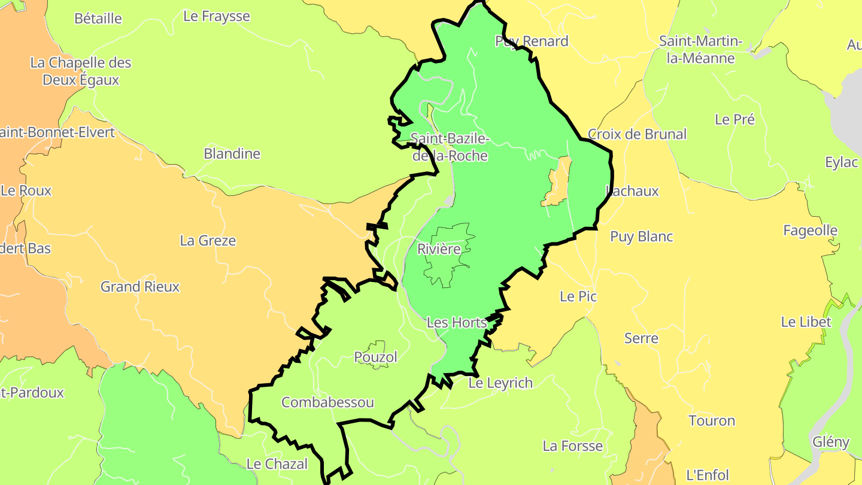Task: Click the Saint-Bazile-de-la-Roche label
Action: coord(449,147)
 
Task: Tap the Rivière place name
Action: coord(439,249)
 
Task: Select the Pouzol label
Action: coord(375,357)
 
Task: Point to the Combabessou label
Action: coord(327,402)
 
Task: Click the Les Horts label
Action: coord(456,323)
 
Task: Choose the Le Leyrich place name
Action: coord(500,383)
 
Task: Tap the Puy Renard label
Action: coord(532,41)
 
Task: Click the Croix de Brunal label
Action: coord(637,134)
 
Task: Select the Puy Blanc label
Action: coord(641,237)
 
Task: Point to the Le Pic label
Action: coord(578,296)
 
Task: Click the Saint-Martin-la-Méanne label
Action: coord(700,50)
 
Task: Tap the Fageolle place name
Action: coord(810,231)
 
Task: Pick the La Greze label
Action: coord(208,241)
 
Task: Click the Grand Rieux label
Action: coord(139,287)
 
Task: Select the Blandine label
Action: coord(232,154)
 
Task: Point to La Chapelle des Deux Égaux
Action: coord(81,71)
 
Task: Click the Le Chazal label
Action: coord(277,464)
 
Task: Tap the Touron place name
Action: coord(712,421)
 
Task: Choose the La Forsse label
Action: coord(572,446)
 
